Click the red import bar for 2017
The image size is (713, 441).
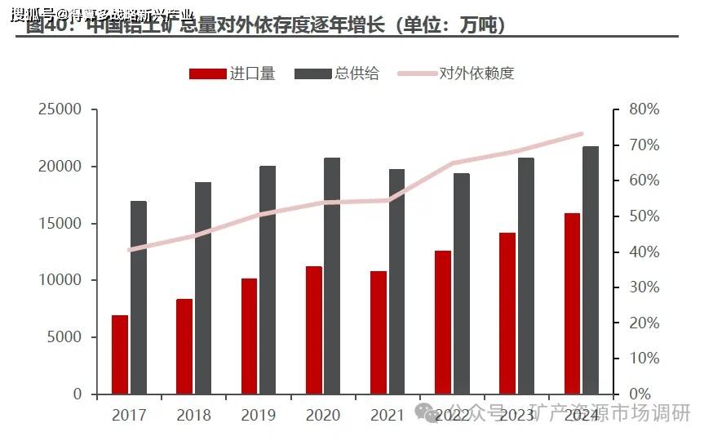click(120, 354)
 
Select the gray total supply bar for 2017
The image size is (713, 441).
click(139, 297)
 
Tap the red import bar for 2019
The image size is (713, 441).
click(249, 336)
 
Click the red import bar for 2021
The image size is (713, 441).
click(379, 332)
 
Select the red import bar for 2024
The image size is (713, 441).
click(572, 304)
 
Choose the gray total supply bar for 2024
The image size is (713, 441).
click(591, 270)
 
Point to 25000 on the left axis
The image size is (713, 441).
click(60, 109)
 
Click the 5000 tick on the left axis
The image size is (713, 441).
click(65, 337)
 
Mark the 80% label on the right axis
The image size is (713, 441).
click(644, 109)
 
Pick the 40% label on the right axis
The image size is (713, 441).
click(644, 252)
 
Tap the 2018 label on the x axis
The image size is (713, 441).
click(193, 415)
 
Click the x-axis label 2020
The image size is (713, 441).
click(323, 415)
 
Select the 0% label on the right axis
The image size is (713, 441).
click(639, 394)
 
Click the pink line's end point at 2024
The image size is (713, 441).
click(582, 134)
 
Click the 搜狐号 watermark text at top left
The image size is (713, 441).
click(29, 13)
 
